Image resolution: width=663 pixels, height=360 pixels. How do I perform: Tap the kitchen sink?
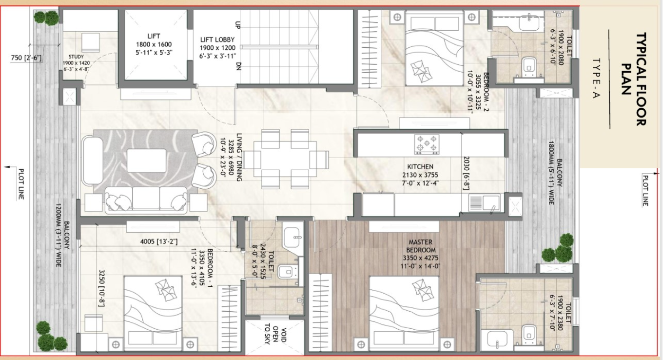tap(484, 202)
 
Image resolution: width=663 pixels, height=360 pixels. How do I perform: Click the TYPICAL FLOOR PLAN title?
tap(634, 80)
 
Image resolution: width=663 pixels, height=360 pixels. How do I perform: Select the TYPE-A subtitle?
tap(596, 79)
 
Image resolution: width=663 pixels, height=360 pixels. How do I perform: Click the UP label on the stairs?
tap(238, 24)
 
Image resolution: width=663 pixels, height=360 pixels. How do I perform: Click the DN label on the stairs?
tap(238, 66)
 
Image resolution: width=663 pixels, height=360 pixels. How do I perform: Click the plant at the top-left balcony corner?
tap(46, 19)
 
